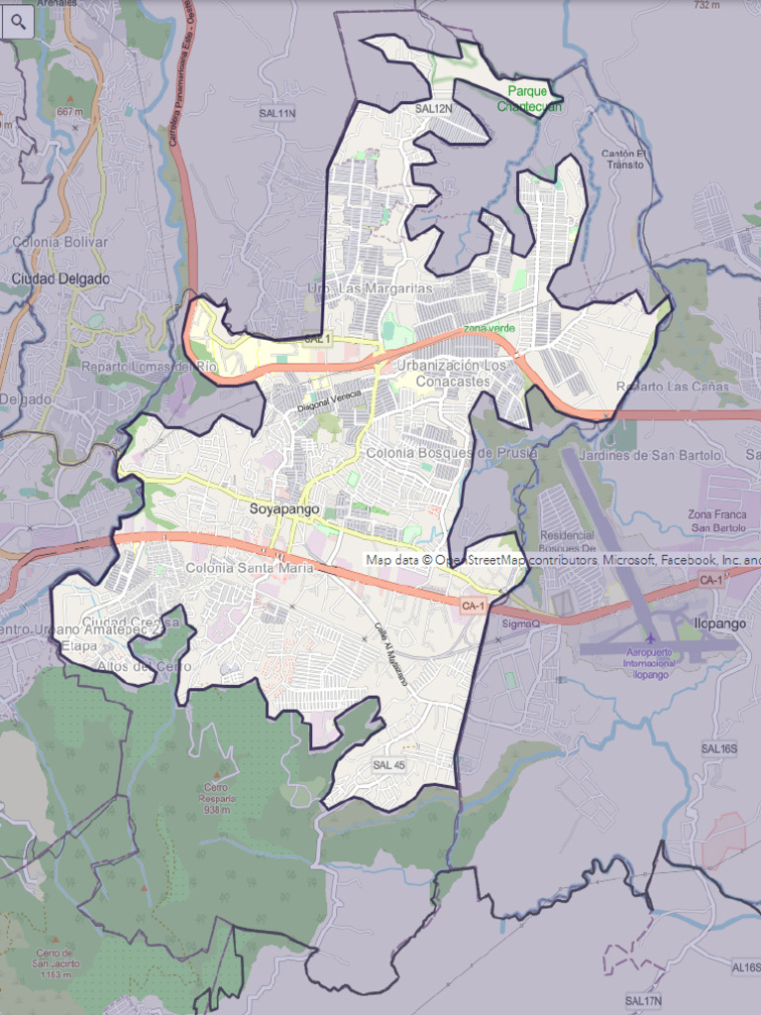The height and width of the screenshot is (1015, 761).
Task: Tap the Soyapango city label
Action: pos(284,508)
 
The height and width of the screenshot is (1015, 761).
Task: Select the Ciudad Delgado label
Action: pos(60,279)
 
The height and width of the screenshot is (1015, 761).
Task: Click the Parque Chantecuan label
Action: pos(528,98)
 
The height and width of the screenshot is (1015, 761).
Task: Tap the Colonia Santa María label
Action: pos(249,568)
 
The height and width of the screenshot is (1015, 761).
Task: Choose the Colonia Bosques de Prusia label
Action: pos(452,453)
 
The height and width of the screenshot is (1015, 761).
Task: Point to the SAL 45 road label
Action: pos(389,765)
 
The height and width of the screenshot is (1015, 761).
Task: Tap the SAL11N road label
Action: pos(278,114)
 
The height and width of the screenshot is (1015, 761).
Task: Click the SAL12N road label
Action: pos(434,109)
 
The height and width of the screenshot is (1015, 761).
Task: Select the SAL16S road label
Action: pos(719,748)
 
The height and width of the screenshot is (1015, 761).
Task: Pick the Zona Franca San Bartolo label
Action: pos(716,520)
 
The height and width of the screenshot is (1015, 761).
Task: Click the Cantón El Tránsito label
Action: pos(626,159)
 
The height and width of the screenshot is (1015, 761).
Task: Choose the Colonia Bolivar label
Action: pos(60,242)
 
